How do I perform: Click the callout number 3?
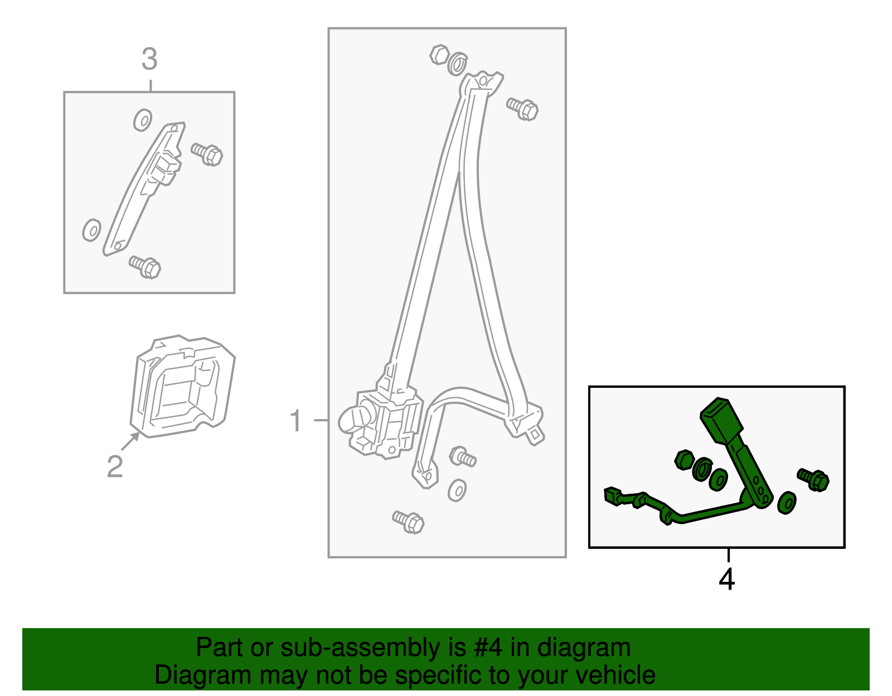[149, 59]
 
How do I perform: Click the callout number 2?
[115, 466]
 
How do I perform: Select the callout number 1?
[295, 420]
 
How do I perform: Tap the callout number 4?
[726, 580]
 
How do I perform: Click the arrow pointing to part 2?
[130, 441]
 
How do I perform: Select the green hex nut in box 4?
[684, 460]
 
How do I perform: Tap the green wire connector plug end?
[613, 496]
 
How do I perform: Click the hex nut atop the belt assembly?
[440, 55]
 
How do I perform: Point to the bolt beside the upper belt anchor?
[522, 109]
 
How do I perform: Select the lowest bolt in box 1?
[409, 522]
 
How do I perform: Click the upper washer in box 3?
[143, 120]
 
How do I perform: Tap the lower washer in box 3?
[91, 230]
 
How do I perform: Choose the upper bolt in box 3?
[207, 154]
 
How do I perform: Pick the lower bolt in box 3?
[145, 267]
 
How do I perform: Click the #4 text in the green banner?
[488, 647]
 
